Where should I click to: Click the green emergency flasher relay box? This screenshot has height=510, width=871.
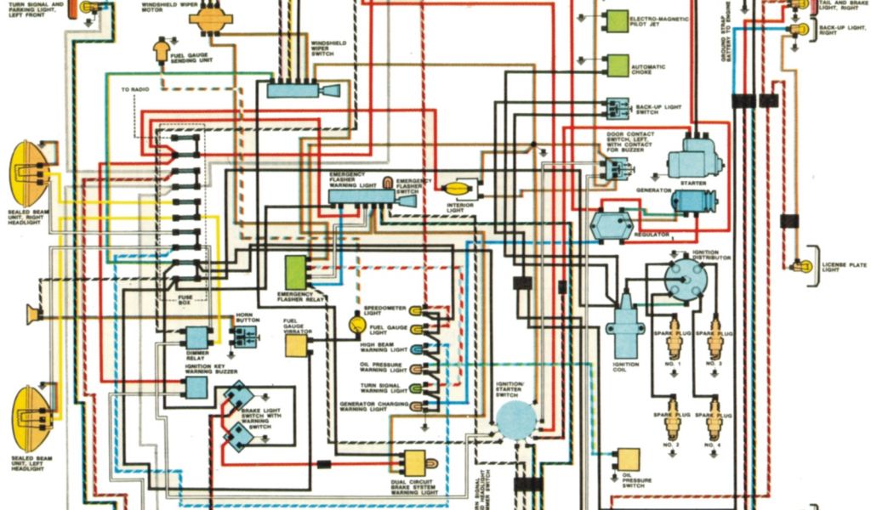click(297, 272)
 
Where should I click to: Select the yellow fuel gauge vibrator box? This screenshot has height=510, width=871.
click(296, 345)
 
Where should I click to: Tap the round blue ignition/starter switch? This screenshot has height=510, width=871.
click(516, 420)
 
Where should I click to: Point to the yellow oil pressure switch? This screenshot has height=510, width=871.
click(629, 459)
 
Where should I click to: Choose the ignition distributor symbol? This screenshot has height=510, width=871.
click(685, 279)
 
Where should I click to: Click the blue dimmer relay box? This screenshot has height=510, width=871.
click(197, 337)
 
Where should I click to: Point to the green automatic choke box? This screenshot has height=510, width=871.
click(617, 65)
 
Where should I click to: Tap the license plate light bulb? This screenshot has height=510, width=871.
click(799, 266)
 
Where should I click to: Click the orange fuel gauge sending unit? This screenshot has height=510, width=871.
click(162, 51)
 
